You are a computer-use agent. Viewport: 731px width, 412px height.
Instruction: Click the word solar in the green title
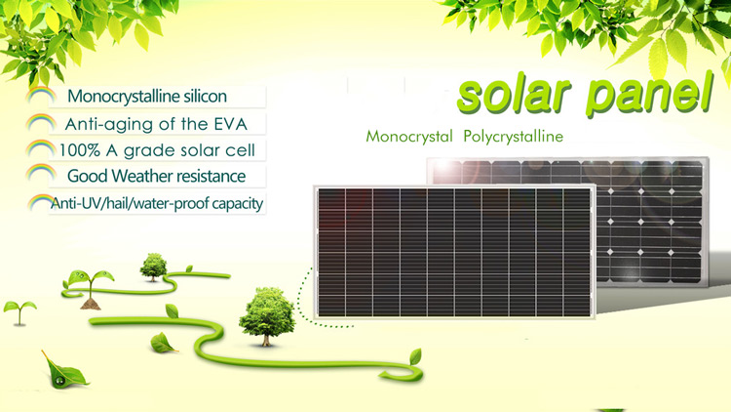[x=514, y=94]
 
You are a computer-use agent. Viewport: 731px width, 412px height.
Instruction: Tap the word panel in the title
[x=649, y=93]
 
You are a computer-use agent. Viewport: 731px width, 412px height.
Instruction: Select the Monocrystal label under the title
[x=409, y=137]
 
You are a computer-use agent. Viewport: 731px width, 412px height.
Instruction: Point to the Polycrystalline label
[x=514, y=137]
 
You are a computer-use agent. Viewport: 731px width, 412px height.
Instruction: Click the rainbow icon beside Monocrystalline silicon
[x=41, y=96]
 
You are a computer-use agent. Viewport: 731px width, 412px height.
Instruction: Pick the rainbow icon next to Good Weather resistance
[x=41, y=173]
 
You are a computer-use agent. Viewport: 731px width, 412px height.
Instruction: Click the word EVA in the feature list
[x=230, y=124]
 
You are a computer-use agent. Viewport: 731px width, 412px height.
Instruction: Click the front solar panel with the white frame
[x=454, y=252]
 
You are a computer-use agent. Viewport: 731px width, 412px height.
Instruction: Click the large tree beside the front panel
[x=267, y=316]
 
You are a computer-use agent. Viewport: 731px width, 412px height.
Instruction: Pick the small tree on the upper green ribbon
[x=153, y=268]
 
